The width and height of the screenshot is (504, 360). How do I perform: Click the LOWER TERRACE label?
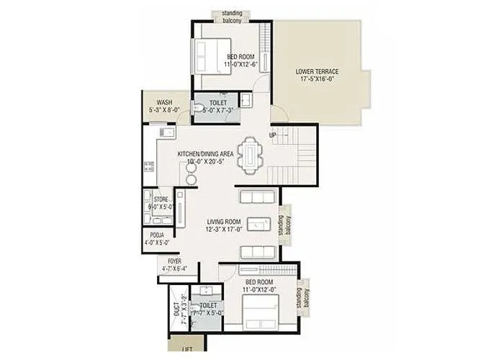(317, 71)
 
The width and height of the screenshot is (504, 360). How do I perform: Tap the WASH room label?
(164, 102)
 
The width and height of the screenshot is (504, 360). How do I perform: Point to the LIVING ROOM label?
(223, 222)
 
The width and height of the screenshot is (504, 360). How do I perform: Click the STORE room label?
(160, 198)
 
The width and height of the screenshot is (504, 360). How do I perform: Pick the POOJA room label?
(157, 235)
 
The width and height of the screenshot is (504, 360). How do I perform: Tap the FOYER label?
(174, 261)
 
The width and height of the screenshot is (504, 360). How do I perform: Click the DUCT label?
(177, 310)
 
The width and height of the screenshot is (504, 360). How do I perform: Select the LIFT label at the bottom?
(187, 348)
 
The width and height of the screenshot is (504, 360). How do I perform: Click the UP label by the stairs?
(273, 135)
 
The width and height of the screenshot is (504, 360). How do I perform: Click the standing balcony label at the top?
(231, 16)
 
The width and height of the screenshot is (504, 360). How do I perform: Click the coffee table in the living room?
(257, 224)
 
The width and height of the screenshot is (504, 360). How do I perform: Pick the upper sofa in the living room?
(257, 197)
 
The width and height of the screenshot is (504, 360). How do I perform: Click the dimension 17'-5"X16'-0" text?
(317, 81)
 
